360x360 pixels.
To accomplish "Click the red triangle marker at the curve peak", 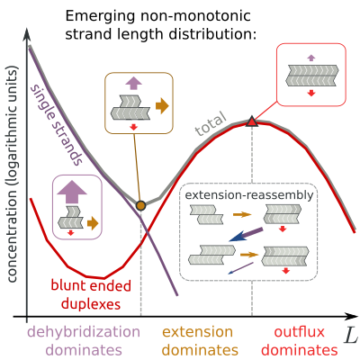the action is click(x=252, y=121).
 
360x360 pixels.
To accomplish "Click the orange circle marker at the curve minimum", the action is click(x=140, y=205).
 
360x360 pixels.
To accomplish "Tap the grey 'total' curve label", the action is click(x=211, y=123).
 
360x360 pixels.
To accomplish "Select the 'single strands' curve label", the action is click(x=57, y=125).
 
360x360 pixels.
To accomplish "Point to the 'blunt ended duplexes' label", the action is click(x=91, y=294).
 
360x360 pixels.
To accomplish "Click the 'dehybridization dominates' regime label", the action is click(x=84, y=341).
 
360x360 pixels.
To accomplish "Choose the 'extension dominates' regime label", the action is click(x=200, y=341).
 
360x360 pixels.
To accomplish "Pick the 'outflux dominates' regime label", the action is click(x=300, y=341).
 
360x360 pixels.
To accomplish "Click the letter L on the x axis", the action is click(x=351, y=336).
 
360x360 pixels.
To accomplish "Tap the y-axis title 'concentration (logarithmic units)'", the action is click(x=12, y=173).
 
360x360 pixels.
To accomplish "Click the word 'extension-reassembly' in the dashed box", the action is click(x=249, y=195).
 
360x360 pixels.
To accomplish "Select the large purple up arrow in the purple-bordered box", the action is click(x=72, y=192).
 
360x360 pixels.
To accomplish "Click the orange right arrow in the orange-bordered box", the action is click(x=162, y=106).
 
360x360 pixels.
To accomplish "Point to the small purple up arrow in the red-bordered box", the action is click(x=311, y=58).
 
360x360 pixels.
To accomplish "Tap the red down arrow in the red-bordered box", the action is click(x=311, y=93).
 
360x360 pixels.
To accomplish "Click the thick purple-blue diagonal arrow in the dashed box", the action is click(x=246, y=235).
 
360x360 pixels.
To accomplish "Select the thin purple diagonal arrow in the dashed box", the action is click(x=240, y=268).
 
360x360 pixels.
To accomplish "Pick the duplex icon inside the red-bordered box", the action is click(x=312, y=76).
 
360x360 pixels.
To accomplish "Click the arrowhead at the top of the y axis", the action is click(x=27, y=34).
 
